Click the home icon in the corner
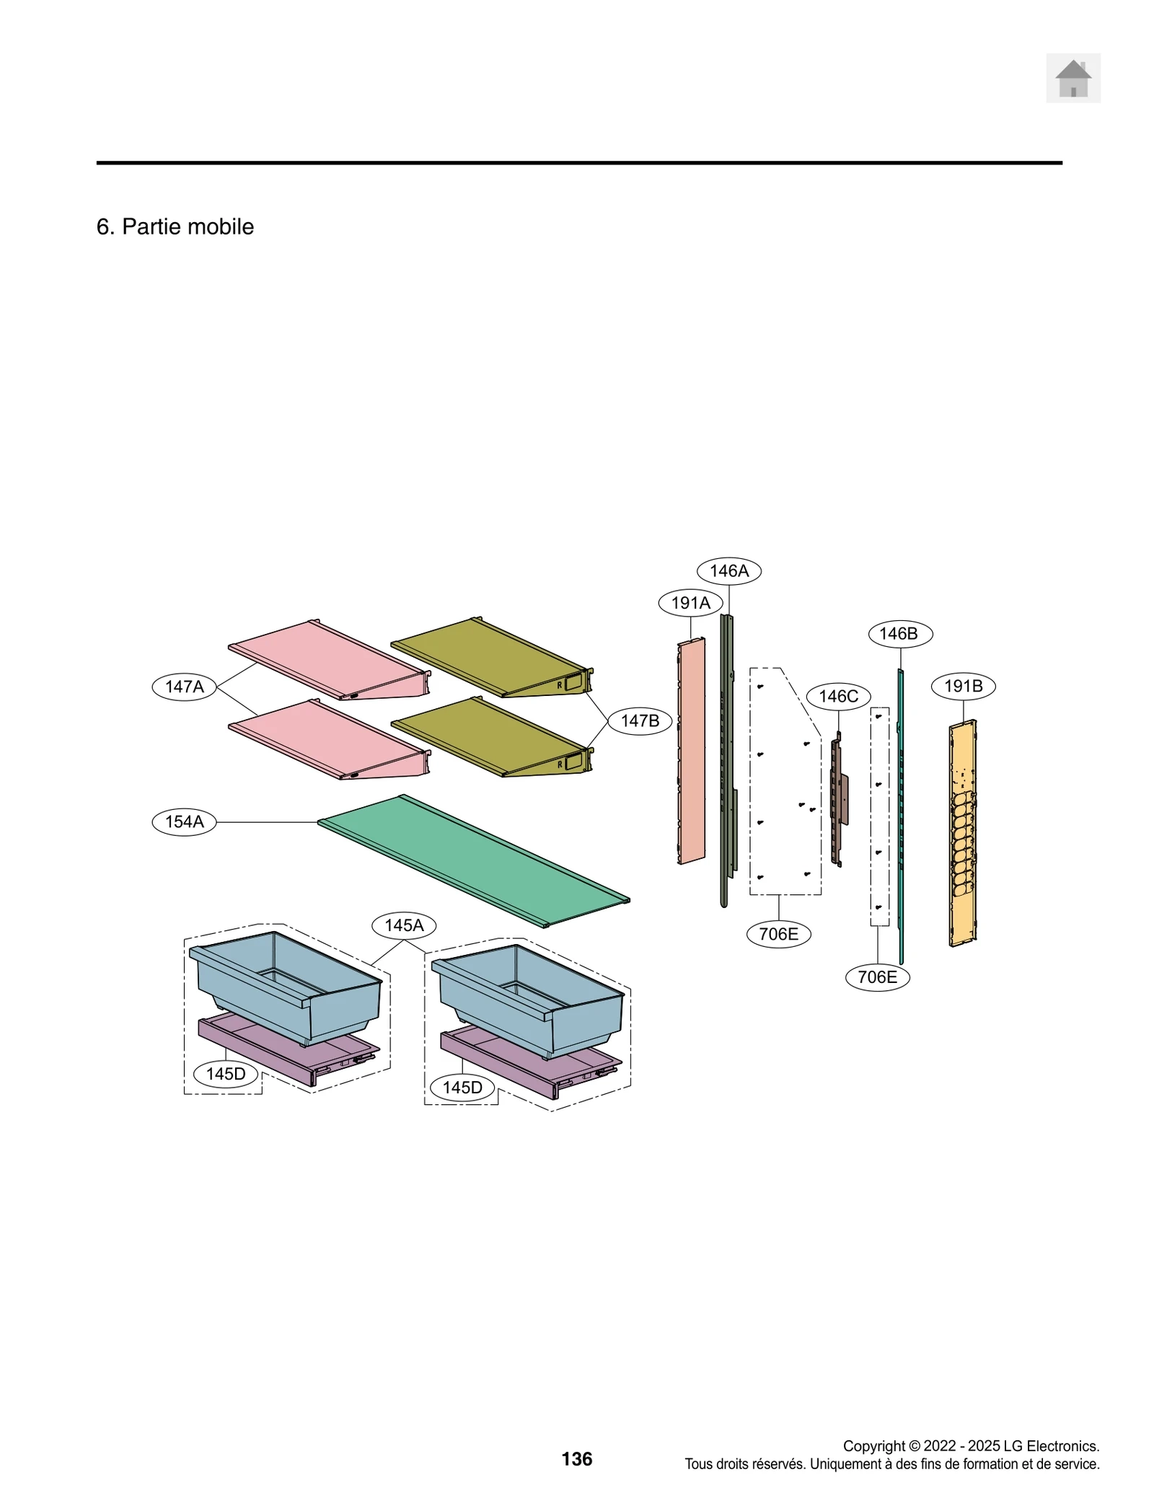[x=1072, y=78]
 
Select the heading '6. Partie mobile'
[x=175, y=226]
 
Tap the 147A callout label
[x=184, y=686]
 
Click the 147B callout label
[x=640, y=720]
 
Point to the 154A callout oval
[x=184, y=821]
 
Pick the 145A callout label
[x=404, y=925]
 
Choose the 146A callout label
[x=728, y=570]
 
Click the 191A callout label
[x=690, y=603]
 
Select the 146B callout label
[x=899, y=634]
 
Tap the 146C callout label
[x=838, y=696]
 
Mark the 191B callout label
[x=963, y=686]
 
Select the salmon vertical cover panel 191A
[x=692, y=750]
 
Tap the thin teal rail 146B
[x=901, y=815]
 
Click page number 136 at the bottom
[x=576, y=1459]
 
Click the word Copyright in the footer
[x=873, y=1446]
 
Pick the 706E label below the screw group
[x=778, y=934]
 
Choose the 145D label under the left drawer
[x=225, y=1074]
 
